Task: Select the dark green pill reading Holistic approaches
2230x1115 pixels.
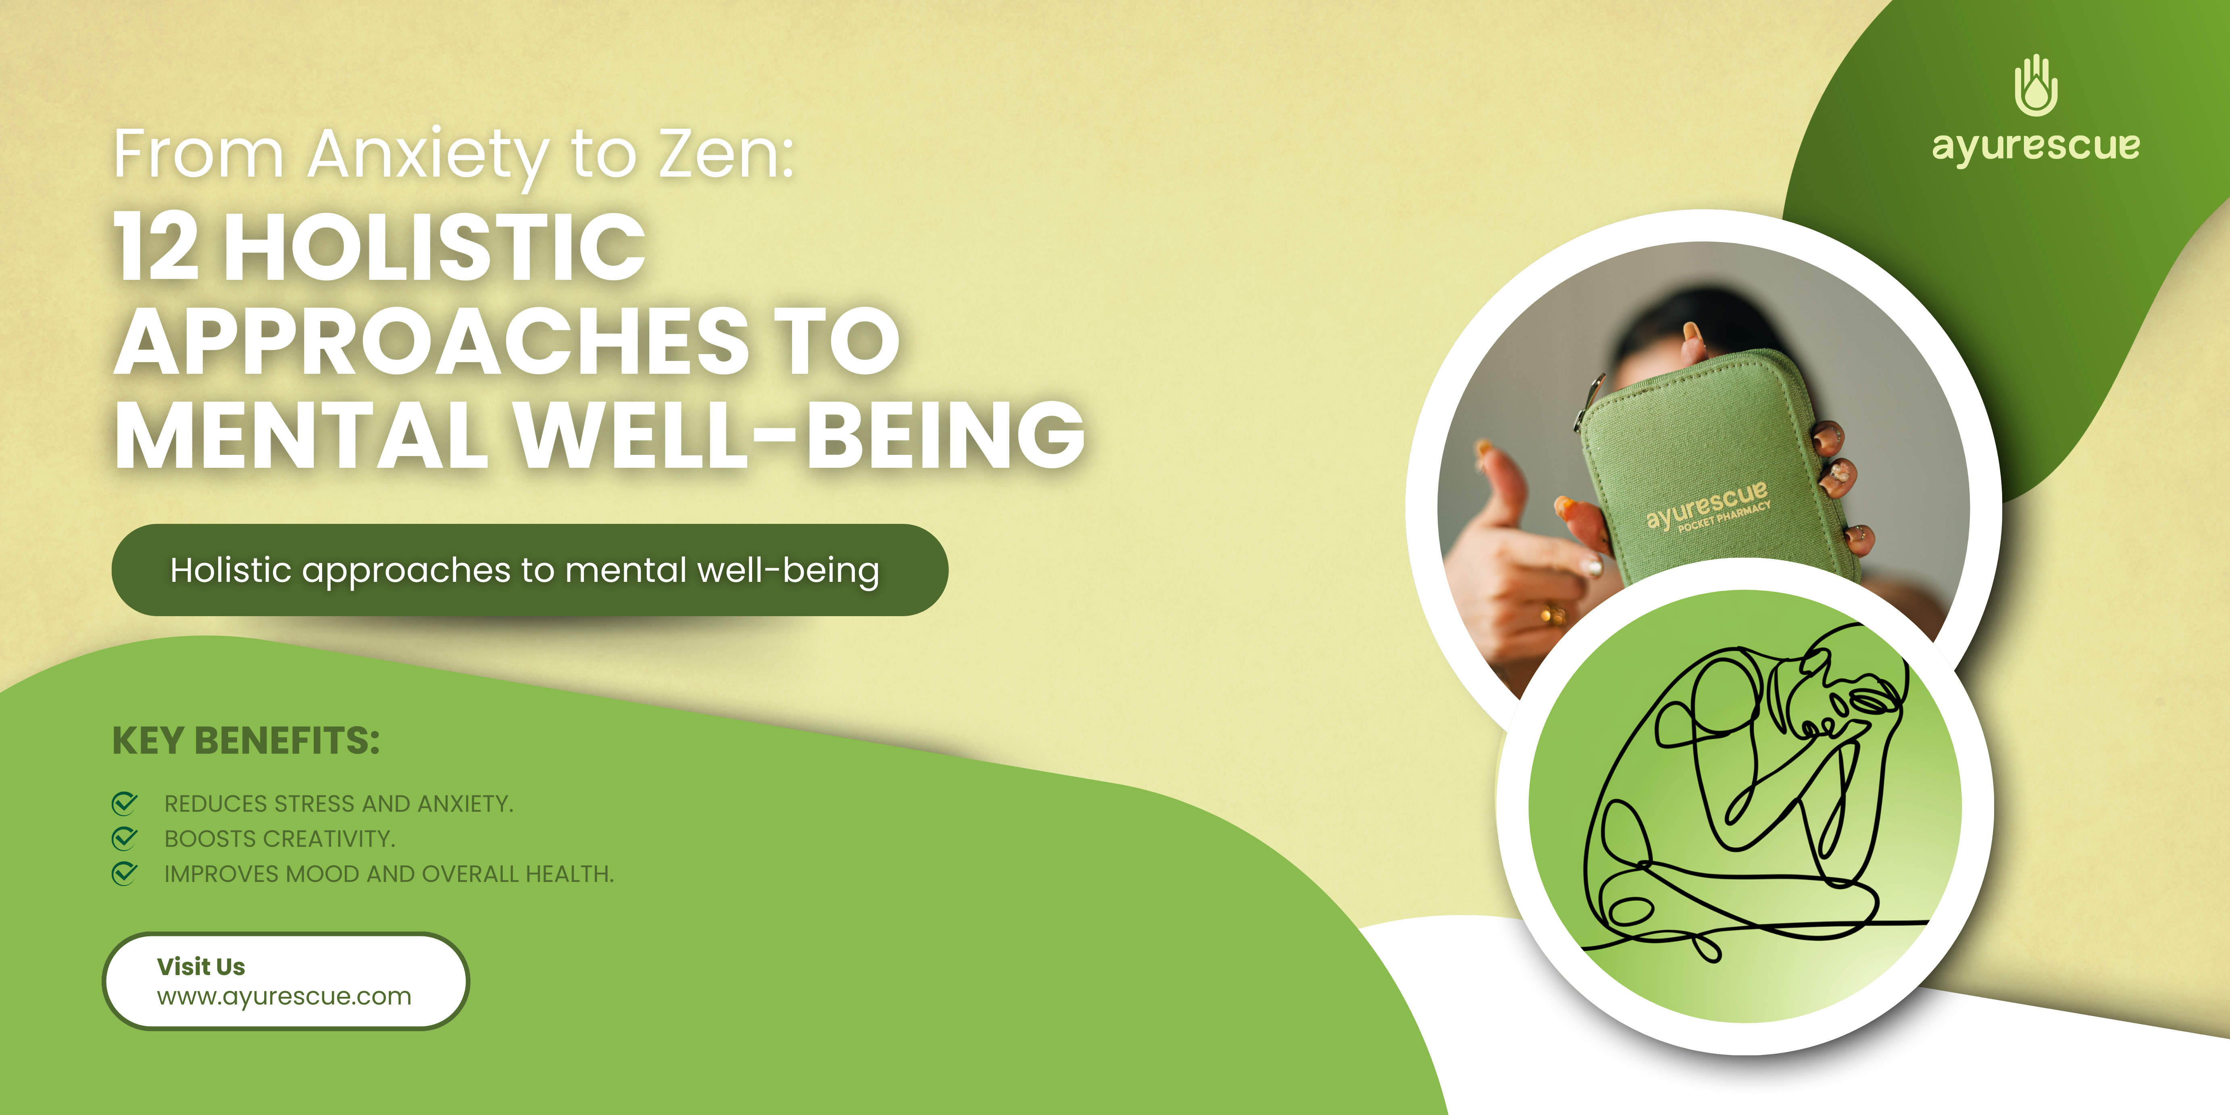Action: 530,570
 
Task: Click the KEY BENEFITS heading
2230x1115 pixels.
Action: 246,741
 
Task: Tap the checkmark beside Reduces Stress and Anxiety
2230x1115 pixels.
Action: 125,803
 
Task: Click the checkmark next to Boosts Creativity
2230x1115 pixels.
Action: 125,838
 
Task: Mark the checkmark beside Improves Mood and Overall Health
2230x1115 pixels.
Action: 125,873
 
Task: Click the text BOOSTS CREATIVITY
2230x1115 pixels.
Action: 279,839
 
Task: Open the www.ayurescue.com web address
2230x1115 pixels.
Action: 284,997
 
